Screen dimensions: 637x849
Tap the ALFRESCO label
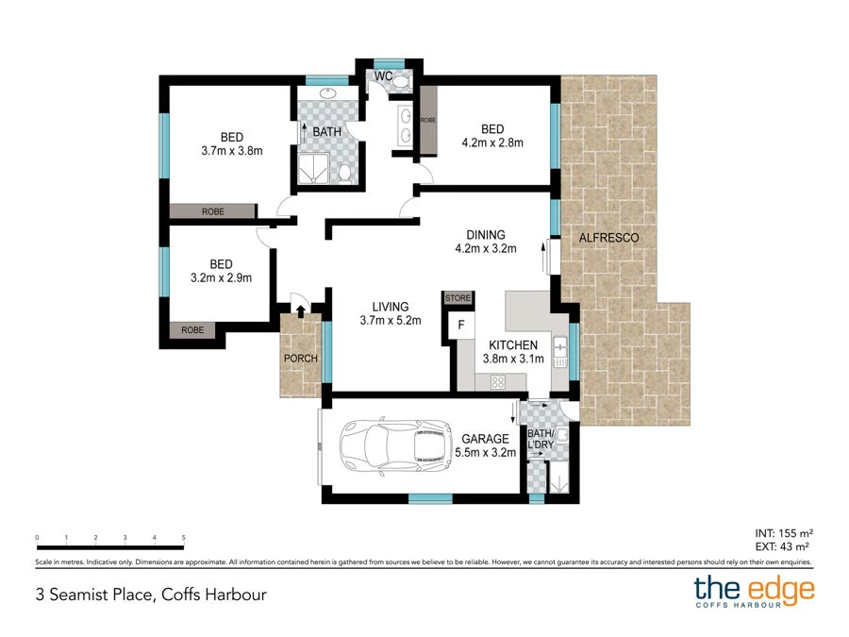[x=608, y=238]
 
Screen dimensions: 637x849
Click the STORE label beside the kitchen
[x=458, y=298]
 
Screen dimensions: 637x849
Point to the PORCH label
[x=301, y=359]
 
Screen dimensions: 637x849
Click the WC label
[x=383, y=75]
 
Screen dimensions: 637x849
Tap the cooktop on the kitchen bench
[x=497, y=381]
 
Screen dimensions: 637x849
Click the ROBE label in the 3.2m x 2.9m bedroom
[x=193, y=330]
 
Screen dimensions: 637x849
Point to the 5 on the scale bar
[x=183, y=538]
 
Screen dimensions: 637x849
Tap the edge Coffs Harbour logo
[x=754, y=592]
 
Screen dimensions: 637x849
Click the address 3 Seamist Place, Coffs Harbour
[x=145, y=595]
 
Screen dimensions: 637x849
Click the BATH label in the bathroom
[x=326, y=132]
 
